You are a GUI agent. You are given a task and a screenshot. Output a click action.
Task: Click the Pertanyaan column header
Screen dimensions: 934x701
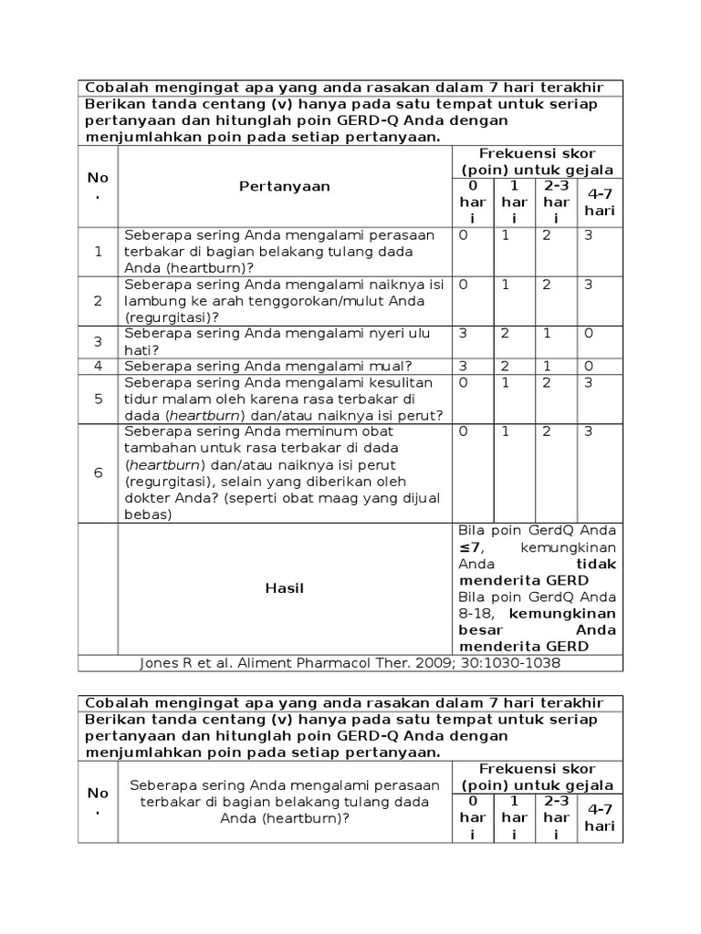[x=285, y=186]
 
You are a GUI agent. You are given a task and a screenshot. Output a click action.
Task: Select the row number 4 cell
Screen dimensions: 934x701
[x=98, y=366]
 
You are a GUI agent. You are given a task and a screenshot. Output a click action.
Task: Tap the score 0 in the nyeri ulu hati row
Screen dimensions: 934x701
[x=589, y=334]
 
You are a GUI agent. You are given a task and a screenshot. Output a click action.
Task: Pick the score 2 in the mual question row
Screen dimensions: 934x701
[x=505, y=366]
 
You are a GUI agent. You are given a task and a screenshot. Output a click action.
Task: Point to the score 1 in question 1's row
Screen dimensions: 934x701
[x=505, y=235]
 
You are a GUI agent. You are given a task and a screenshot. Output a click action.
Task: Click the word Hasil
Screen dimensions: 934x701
[x=285, y=588]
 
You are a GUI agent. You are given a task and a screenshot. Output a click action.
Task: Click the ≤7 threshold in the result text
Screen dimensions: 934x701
[x=469, y=547]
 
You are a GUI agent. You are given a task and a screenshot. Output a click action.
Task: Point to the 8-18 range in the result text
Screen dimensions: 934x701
[x=476, y=614]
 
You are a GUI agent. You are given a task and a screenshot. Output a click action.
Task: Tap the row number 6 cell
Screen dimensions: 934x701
[x=98, y=473]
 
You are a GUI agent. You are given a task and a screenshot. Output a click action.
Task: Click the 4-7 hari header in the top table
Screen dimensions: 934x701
[x=601, y=202]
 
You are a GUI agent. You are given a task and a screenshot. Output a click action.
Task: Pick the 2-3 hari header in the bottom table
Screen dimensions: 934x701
[x=556, y=817]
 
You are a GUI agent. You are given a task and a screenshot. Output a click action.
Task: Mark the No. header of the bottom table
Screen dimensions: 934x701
[x=98, y=801]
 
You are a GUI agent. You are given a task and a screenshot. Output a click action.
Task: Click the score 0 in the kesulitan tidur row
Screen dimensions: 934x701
[x=463, y=383]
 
